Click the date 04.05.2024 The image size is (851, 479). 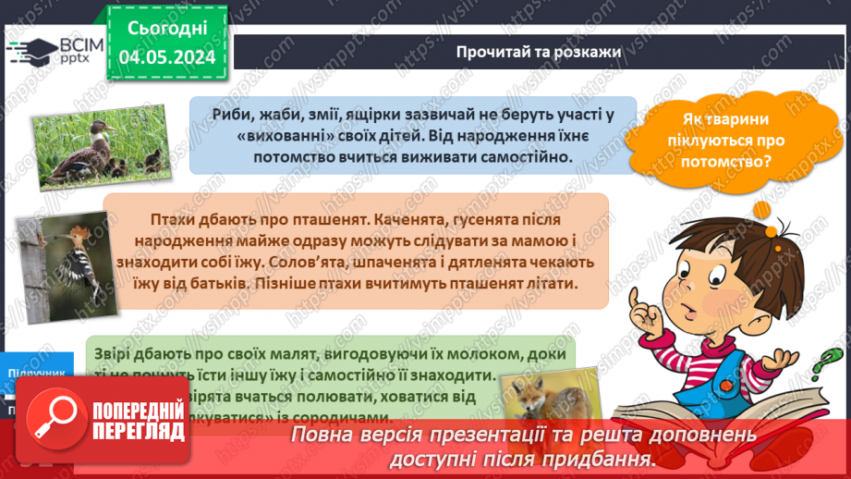coord(166,57)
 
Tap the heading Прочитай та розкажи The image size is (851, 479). coord(538,51)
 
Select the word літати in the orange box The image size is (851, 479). coord(553,284)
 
